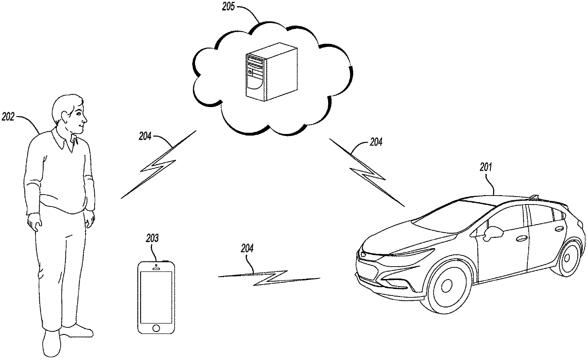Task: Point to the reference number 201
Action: tap(485, 167)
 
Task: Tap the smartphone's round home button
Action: tap(156, 328)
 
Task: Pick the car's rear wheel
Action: tap(566, 259)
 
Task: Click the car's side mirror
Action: tap(492, 232)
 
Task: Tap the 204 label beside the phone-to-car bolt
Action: tap(247, 248)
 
